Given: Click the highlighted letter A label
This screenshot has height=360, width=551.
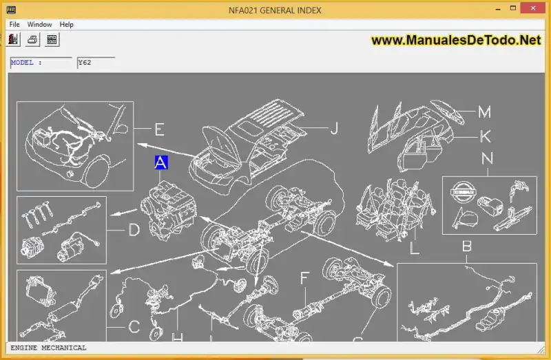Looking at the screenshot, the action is pyautogui.click(x=161, y=162).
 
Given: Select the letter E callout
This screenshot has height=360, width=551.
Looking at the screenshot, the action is pyautogui.click(x=159, y=129).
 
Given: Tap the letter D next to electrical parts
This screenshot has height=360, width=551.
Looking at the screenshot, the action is pyautogui.click(x=134, y=230).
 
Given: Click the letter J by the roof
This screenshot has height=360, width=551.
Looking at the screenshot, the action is pyautogui.click(x=334, y=128).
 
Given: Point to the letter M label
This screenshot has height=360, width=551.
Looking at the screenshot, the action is pyautogui.click(x=484, y=112).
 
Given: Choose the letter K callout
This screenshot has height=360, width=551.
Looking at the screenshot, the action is pyautogui.click(x=486, y=136).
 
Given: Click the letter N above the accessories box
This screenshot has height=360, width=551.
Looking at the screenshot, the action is pyautogui.click(x=487, y=158).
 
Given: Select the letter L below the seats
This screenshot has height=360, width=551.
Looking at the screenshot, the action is pyautogui.click(x=415, y=248).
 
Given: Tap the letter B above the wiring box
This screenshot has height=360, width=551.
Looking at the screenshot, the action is pyautogui.click(x=467, y=246).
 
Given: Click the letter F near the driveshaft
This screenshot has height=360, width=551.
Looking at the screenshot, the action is pyautogui.click(x=304, y=278).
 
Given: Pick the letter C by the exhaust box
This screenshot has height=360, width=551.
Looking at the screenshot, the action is pyautogui.click(x=134, y=327).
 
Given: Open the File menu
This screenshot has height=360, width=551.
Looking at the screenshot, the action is pyautogui.click(x=14, y=24).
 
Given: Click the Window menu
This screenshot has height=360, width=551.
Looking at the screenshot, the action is pyautogui.click(x=39, y=24).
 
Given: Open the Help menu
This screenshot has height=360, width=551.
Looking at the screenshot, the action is pyautogui.click(x=66, y=24).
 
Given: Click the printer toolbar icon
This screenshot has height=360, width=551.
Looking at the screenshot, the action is pyautogui.click(x=32, y=39).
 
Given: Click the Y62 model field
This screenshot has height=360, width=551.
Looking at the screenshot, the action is pyautogui.click(x=96, y=63).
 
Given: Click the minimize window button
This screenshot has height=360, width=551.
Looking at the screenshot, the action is pyautogui.click(x=498, y=9).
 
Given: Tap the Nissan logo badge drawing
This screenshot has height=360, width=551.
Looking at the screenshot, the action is pyautogui.click(x=463, y=192).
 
